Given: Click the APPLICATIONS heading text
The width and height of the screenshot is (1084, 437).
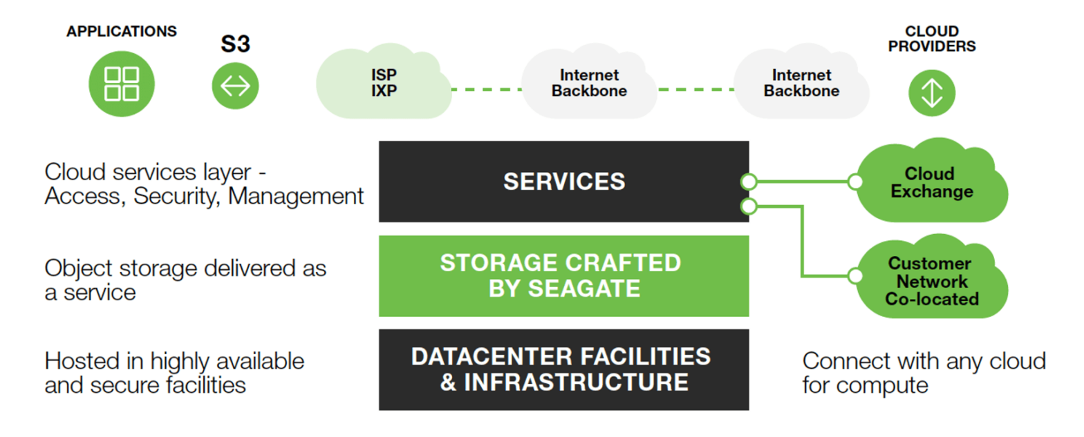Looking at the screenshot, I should (x=122, y=32).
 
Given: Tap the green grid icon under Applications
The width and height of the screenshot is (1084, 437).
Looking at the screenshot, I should (x=122, y=84).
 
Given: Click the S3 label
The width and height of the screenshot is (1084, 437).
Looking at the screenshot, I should (x=235, y=45).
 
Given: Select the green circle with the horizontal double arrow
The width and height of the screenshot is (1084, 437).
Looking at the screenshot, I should (x=235, y=86).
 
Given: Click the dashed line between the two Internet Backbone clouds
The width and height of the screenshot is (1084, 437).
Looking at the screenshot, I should (x=695, y=89).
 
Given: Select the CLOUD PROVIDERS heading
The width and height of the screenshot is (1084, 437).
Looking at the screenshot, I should (x=932, y=39).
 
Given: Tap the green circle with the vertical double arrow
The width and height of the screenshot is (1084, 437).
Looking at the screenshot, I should (x=932, y=93).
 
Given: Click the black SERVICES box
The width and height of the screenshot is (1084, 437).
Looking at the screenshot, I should (x=563, y=182).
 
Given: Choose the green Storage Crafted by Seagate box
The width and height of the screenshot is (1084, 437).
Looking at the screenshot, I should (x=563, y=275).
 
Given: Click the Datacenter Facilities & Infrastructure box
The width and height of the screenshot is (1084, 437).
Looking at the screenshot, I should (x=563, y=369).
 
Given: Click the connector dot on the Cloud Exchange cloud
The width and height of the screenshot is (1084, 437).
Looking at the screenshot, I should (x=855, y=182).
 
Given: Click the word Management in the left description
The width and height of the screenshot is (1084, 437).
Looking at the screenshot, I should (x=296, y=196).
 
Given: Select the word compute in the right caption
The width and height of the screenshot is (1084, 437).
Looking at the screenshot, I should (x=888, y=385).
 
